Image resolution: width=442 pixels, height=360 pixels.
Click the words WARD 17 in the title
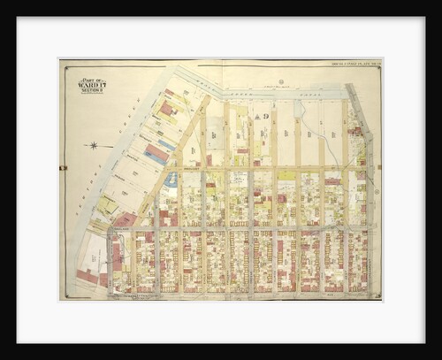[x=92, y=85]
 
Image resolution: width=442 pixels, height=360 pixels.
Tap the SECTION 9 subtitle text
[x=92, y=90]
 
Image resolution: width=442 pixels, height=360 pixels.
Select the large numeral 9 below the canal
[x=263, y=117]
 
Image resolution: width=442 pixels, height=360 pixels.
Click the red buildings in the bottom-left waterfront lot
[x=88, y=276]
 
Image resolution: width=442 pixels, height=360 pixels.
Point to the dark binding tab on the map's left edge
[x=62, y=167]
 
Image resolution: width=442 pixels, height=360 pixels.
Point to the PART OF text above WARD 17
[x=92, y=79]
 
